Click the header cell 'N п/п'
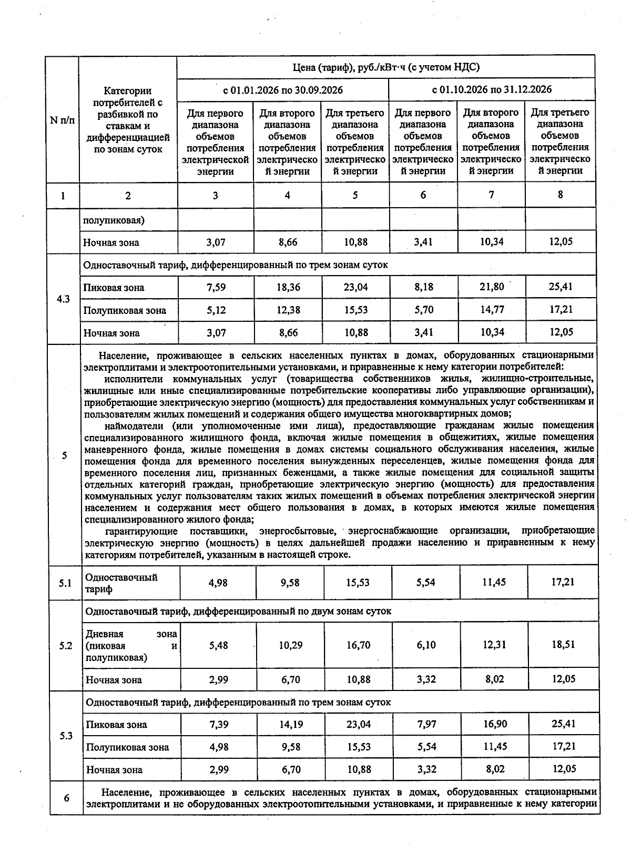[62, 120]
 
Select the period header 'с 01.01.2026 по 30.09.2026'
[283, 90]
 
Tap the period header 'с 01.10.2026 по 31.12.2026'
[492, 89]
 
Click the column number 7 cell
[491, 195]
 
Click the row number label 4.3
[64, 299]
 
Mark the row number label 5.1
[65, 583]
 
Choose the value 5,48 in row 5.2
[218, 645]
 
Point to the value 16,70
[359, 645]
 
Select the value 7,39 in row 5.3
[218, 725]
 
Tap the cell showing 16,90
[495, 724]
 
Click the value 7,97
[426, 724]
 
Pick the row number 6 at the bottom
[66, 798]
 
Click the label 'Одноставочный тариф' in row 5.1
[121, 583]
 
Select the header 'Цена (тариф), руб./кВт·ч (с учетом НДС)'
[386, 67]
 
